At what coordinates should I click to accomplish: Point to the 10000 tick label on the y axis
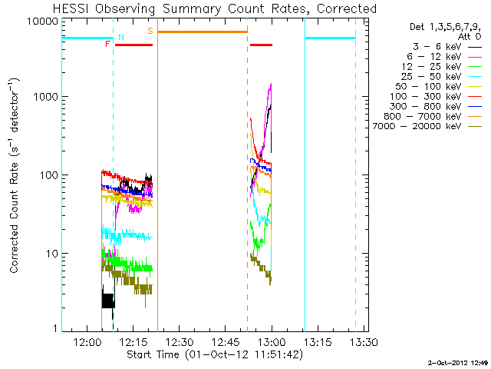[x=44, y=21]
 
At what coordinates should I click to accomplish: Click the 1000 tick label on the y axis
[x=48, y=98]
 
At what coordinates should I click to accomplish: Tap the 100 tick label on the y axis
[x=50, y=175]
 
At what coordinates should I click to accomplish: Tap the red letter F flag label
[x=107, y=45]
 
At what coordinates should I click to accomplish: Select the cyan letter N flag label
[x=120, y=36]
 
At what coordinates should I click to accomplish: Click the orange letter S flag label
[x=150, y=31]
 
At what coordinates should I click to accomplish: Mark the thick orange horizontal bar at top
[x=203, y=32]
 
